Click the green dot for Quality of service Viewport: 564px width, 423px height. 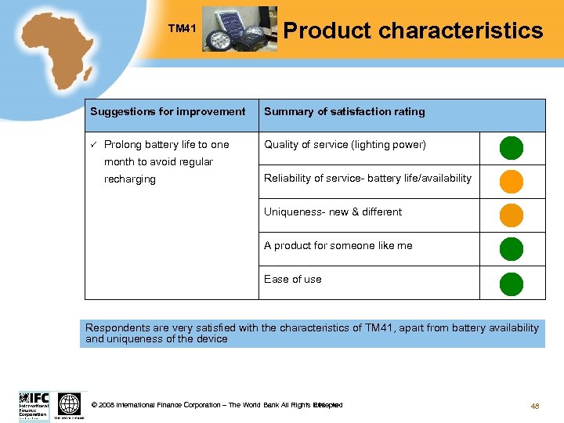512,147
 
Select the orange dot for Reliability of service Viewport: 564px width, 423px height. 512,181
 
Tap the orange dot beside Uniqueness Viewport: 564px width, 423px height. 512,215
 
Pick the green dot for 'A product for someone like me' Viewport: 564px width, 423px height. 512,248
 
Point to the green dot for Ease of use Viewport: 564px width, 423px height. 512,283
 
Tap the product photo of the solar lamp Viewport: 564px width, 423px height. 239,29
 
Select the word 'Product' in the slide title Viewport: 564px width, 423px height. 327,31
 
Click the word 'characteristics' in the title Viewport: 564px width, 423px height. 460,31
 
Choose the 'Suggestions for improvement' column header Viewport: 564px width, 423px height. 168,112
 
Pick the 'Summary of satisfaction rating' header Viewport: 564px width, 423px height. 345,112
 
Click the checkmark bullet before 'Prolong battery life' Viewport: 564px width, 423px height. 92,145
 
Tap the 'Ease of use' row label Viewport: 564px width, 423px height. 293,280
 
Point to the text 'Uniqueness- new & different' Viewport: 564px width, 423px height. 333,212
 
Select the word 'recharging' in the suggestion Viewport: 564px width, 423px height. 130,179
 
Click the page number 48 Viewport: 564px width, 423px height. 536,406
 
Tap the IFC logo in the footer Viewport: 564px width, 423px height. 34,404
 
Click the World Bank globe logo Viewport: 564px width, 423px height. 70,404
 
